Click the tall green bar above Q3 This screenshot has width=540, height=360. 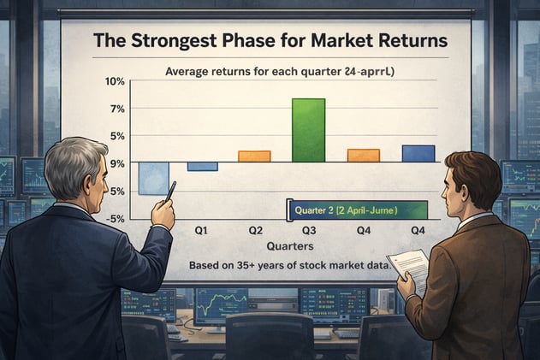(308, 130)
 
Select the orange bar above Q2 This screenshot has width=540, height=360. (254, 156)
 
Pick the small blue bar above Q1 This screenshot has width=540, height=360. (202, 167)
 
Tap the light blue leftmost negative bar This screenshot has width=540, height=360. (153, 178)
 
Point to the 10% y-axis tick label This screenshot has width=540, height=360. (115, 81)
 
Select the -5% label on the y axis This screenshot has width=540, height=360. (115, 218)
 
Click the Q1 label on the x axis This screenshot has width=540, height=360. (203, 230)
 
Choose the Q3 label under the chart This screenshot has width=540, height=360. (308, 230)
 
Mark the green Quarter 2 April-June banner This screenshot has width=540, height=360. (357, 210)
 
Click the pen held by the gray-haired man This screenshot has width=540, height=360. (170, 190)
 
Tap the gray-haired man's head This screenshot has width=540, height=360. (76, 168)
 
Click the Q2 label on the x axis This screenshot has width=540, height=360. (255, 230)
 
